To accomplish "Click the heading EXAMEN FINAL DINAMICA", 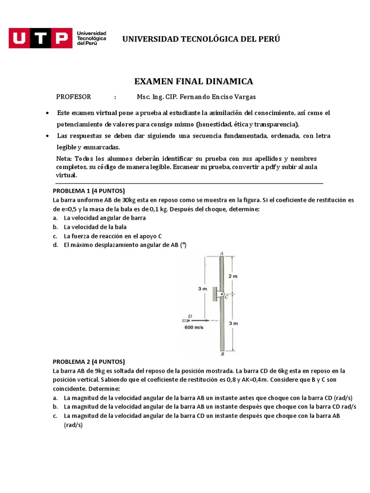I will (193, 81).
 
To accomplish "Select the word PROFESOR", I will (74, 97).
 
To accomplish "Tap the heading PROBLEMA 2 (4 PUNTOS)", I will (89, 362).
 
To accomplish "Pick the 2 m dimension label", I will (233, 276).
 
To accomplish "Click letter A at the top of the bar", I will (221, 253).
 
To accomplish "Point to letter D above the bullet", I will (190, 316).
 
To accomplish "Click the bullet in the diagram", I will (186, 320).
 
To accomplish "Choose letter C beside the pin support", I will (226, 298).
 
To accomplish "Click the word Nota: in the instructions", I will (64, 159).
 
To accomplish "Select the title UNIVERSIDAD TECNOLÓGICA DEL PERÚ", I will (201, 39).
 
